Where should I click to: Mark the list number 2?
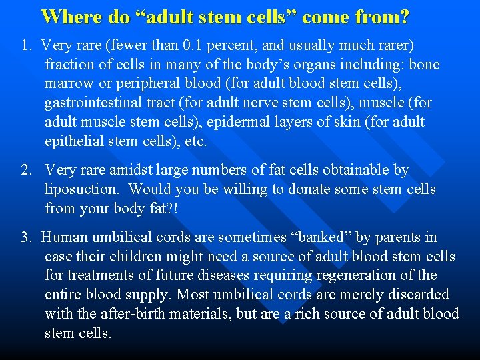[x=25, y=171]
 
